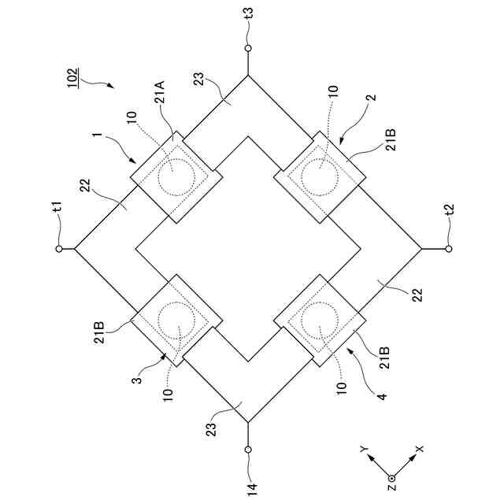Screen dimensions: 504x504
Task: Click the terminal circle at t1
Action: point(58,249)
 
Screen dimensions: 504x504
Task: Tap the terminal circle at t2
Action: point(449,249)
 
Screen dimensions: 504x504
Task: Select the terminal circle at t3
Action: point(248,49)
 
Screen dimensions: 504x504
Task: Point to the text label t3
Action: point(248,13)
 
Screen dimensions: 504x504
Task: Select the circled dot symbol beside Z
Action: point(391,478)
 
